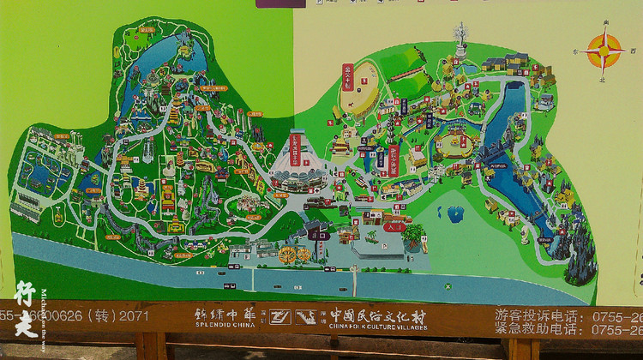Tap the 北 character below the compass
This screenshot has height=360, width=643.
coord(604,80)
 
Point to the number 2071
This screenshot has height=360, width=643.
coord(128,316)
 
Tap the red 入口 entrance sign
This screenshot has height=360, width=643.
coord(395,228)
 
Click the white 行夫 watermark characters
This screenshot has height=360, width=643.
coord(26,308)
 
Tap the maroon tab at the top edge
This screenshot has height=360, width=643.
coord(279,3)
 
